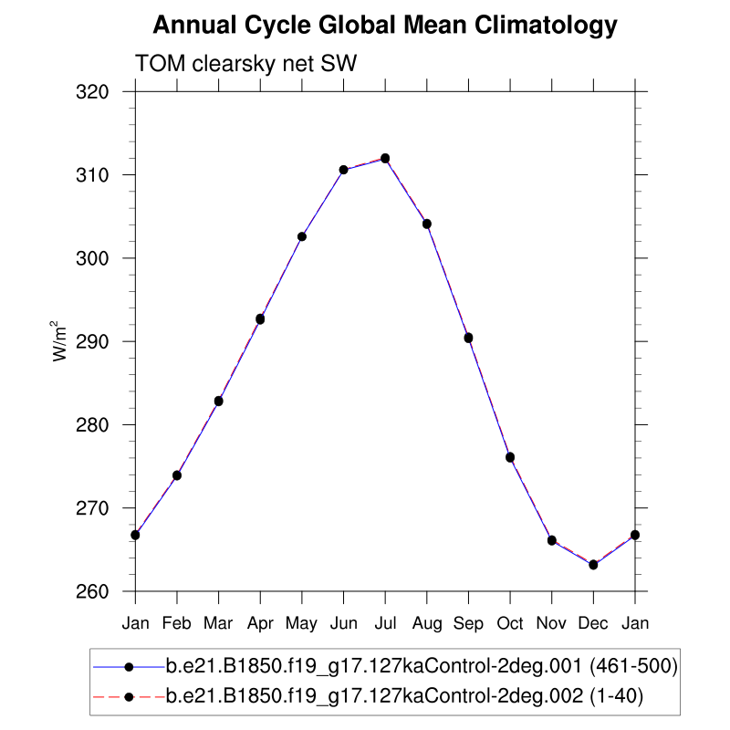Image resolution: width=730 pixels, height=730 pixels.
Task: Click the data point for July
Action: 385,158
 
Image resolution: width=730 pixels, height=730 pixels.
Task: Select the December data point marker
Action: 593,565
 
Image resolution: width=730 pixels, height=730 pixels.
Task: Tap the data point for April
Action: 260,319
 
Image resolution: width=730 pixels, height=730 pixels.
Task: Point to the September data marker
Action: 468,338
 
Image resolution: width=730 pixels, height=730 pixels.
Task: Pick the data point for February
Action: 177,475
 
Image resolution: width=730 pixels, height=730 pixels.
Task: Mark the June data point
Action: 343,170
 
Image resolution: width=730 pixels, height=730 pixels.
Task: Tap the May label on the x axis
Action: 301,624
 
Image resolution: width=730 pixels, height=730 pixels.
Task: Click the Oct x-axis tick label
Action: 510,624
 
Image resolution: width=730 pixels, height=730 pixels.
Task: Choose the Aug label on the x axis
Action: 426,624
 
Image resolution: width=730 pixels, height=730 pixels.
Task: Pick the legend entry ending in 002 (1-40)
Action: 405,697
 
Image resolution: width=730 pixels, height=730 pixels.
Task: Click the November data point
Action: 552,540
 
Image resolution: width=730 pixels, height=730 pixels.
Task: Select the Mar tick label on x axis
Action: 218,624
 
